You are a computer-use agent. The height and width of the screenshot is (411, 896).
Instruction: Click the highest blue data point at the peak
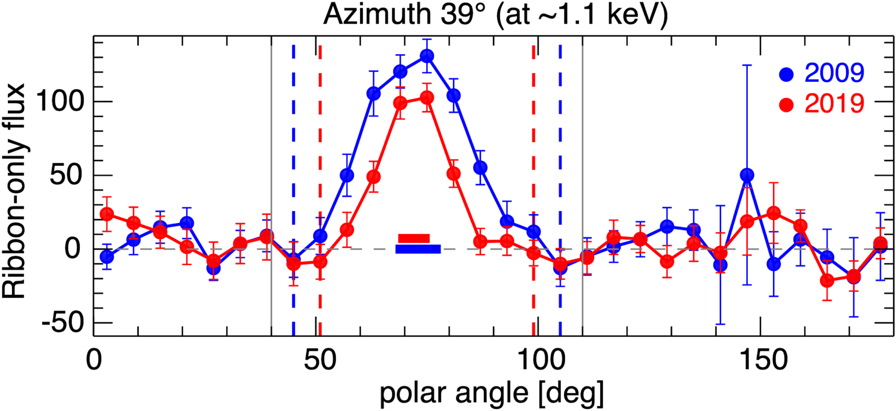pyautogui.click(x=427, y=56)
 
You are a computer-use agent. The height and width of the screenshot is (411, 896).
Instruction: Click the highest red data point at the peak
pyautogui.click(x=427, y=98)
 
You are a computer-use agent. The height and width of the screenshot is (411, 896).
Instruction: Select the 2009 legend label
pyautogui.click(x=834, y=73)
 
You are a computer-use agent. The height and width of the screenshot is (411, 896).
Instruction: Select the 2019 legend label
pyautogui.click(x=834, y=103)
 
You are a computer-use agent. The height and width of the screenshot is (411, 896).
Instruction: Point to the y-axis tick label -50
pyautogui.click(x=63, y=323)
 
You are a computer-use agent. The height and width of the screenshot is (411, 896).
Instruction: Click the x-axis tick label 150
pyautogui.click(x=761, y=360)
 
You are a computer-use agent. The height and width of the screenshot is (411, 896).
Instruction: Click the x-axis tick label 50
pyautogui.click(x=320, y=360)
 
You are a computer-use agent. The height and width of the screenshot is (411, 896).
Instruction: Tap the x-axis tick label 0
pyautogui.click(x=94, y=360)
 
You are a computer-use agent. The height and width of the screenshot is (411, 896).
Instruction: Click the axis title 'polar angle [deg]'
pyautogui.click(x=491, y=393)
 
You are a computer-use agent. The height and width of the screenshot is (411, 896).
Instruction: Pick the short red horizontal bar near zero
pyautogui.click(x=414, y=238)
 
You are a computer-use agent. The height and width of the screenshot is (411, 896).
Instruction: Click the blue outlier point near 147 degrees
pyautogui.click(x=747, y=175)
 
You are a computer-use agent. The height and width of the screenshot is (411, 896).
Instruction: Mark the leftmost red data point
pyautogui.click(x=107, y=214)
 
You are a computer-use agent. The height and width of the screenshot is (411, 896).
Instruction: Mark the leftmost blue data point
pyautogui.click(x=107, y=257)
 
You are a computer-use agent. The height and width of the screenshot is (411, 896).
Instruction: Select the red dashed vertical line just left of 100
pyautogui.click(x=534, y=148)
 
